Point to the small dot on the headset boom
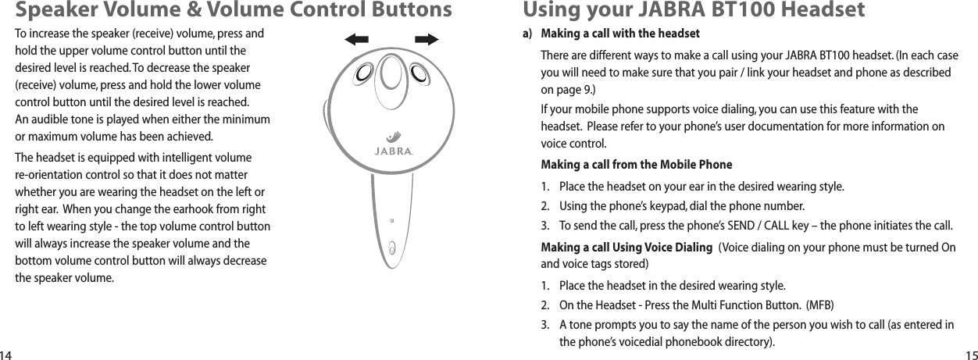pos(391,221)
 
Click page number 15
pos(969,354)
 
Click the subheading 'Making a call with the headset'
pos(620,34)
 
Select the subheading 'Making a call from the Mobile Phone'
pos(637,165)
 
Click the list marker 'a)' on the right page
pos(527,34)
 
